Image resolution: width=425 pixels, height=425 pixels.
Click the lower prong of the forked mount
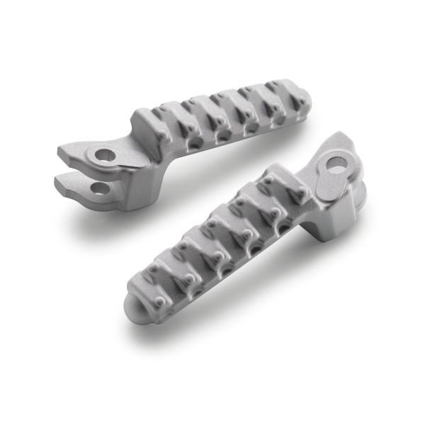pos(71,186)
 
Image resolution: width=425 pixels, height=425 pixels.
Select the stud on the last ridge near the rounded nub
pos(162,301)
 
